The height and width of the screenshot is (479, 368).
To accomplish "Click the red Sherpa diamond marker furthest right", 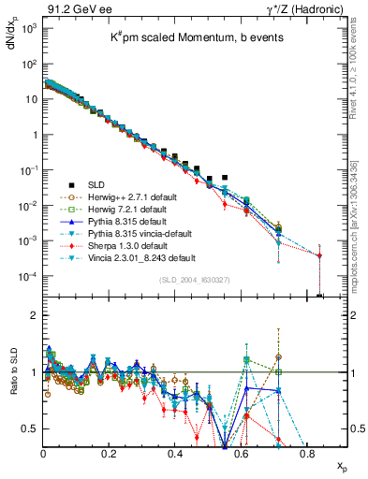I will pos(320,255).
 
